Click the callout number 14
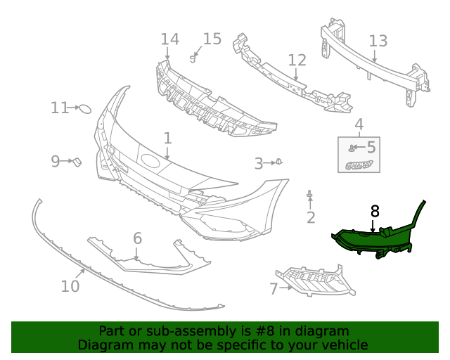(169, 39)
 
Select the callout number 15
(212, 39)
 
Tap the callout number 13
(378, 41)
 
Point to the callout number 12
(297, 60)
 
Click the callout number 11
(59, 108)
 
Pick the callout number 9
(56, 162)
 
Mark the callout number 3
(259, 164)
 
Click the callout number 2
(311, 217)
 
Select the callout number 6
(137, 238)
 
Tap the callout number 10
(70, 286)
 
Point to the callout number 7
(274, 288)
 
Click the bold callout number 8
(375, 210)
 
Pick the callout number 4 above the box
(359, 126)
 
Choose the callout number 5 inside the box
(371, 148)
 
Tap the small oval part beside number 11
(84, 109)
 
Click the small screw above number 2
(310, 194)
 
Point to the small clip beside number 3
(278, 162)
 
